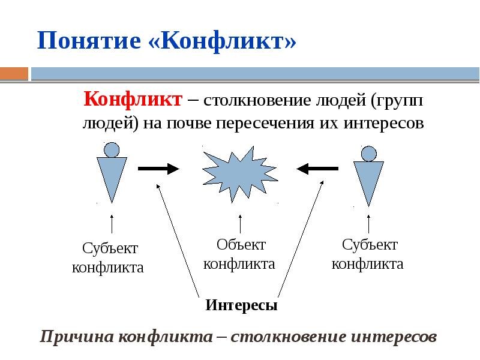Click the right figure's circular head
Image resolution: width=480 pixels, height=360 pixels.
click(x=368, y=154)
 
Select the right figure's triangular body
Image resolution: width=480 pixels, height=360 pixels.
click(x=368, y=181)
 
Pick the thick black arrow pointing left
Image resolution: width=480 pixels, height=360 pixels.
click(x=317, y=169)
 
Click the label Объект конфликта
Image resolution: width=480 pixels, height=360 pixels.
click(x=239, y=254)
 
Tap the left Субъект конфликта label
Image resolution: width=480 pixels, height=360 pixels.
click(x=108, y=258)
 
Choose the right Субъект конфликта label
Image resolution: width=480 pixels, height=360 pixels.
click(x=368, y=254)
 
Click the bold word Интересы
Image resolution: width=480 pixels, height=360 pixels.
click(x=241, y=305)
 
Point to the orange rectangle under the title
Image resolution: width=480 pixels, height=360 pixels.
click(x=14, y=74)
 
